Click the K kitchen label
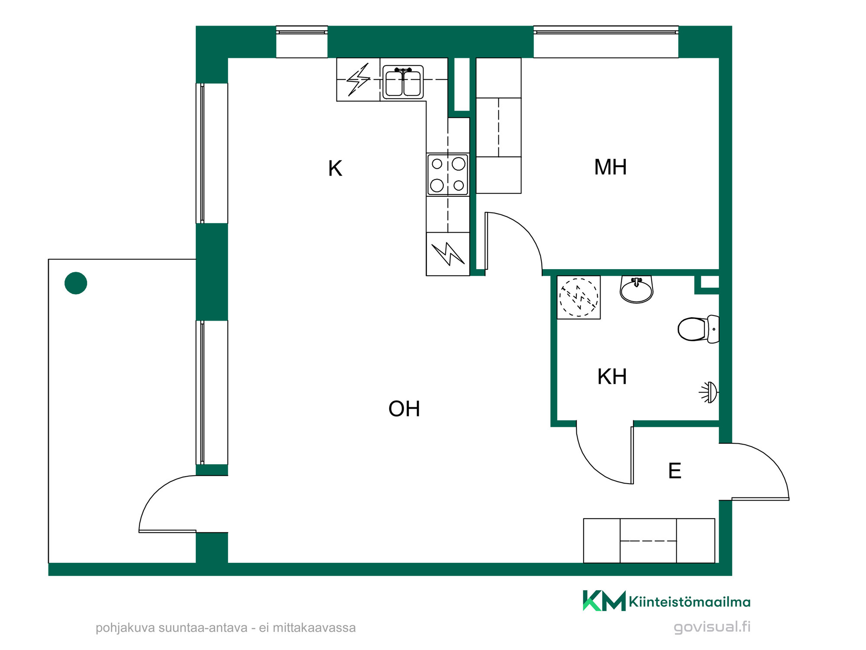[x=335, y=168]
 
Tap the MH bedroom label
[x=610, y=167]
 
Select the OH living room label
[x=404, y=409]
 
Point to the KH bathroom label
[x=612, y=377]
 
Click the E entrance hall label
[x=675, y=471]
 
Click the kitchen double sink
[x=403, y=82]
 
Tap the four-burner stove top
[x=448, y=175]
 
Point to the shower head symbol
[x=709, y=393]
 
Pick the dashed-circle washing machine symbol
[x=578, y=297]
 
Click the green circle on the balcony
[x=76, y=283]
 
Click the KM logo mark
[x=604, y=601]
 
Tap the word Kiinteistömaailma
[x=689, y=602]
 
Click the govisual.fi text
[x=712, y=627]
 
